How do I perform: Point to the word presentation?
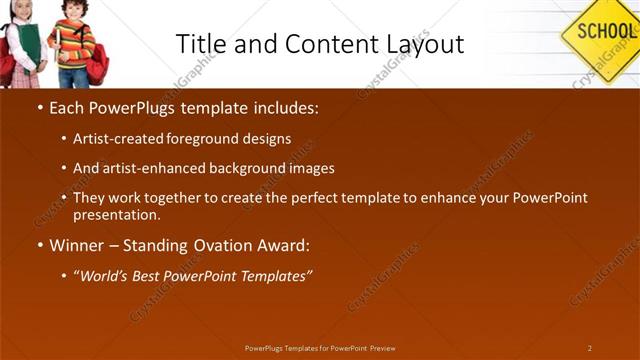click(116, 214)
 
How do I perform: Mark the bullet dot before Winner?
click(39, 245)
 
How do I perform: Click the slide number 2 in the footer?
click(590, 348)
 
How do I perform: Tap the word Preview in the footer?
click(382, 348)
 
